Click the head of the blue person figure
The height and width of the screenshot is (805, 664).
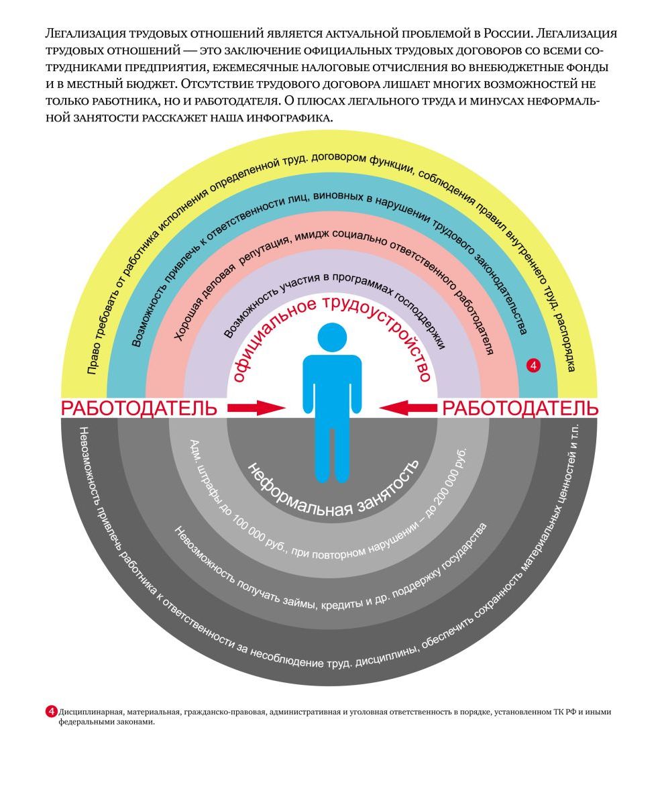coord(332,337)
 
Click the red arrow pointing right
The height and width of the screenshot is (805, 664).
coord(256,407)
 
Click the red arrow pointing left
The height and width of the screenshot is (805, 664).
coord(408,407)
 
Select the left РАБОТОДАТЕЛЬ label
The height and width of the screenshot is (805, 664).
coord(140,408)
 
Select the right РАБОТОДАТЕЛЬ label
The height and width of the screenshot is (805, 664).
coord(520,408)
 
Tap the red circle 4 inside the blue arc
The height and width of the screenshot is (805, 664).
coord(533,365)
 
